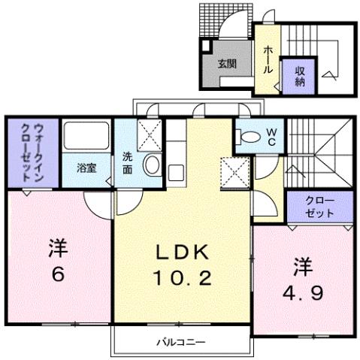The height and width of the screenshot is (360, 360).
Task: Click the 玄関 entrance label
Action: tap(228, 64)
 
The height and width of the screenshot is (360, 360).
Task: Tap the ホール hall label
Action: tap(268, 57)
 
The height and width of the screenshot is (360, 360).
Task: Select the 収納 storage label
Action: tap(298, 76)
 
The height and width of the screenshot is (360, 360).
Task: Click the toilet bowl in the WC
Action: tap(249, 137)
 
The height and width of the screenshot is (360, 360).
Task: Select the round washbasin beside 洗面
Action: tap(151, 165)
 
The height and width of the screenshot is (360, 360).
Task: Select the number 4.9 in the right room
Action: tap(304, 292)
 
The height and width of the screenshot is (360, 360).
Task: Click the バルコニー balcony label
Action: tap(181, 343)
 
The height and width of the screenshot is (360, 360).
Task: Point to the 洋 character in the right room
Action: tap(303, 265)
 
